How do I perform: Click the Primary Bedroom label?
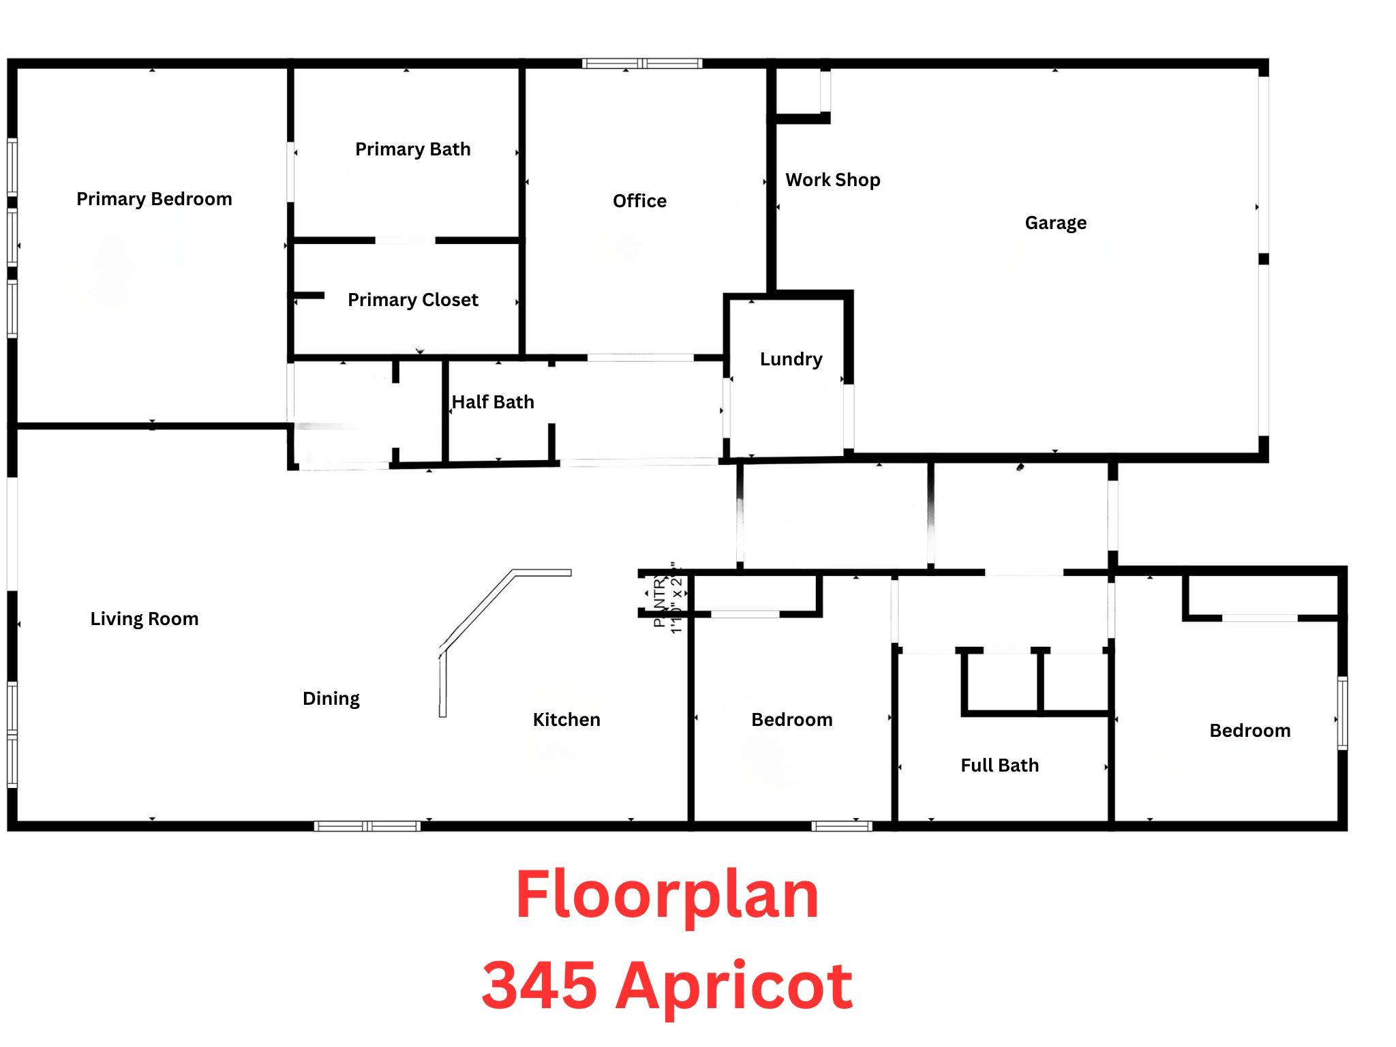tap(154, 199)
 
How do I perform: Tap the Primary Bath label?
tap(412, 149)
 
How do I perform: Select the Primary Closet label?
tap(412, 300)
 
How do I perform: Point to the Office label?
tap(639, 201)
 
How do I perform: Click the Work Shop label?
tap(832, 180)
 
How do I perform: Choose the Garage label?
tap(1055, 223)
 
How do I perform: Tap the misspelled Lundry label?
tap(791, 359)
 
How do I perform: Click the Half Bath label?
tap(493, 402)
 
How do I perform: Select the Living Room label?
tap(145, 619)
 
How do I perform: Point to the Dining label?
tap(331, 699)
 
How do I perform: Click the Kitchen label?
tap(566, 720)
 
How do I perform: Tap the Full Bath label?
tap(999, 765)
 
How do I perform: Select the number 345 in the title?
tap(538, 986)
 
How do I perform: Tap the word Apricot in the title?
tap(733, 986)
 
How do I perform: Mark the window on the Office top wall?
tap(642, 64)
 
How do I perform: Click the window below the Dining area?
tap(367, 826)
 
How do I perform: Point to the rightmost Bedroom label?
tap(1249, 731)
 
